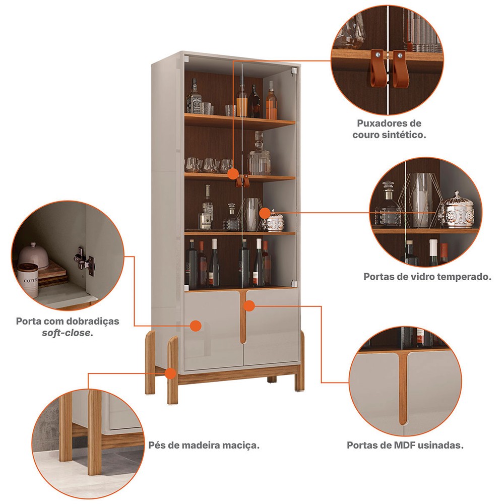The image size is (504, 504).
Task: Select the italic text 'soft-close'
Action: pyautogui.click(x=68, y=333)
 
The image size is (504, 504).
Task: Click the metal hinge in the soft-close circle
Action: pyautogui.click(x=84, y=261)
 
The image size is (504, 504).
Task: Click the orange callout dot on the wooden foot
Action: pyautogui.click(x=170, y=373)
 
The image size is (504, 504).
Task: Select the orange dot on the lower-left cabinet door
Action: pyautogui.click(x=196, y=326)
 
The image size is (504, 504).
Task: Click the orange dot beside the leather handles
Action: pyautogui.click(x=233, y=174)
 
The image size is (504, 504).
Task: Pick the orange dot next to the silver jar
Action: pyautogui.click(x=265, y=213)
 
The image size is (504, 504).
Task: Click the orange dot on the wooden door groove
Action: pyautogui.click(x=249, y=306)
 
